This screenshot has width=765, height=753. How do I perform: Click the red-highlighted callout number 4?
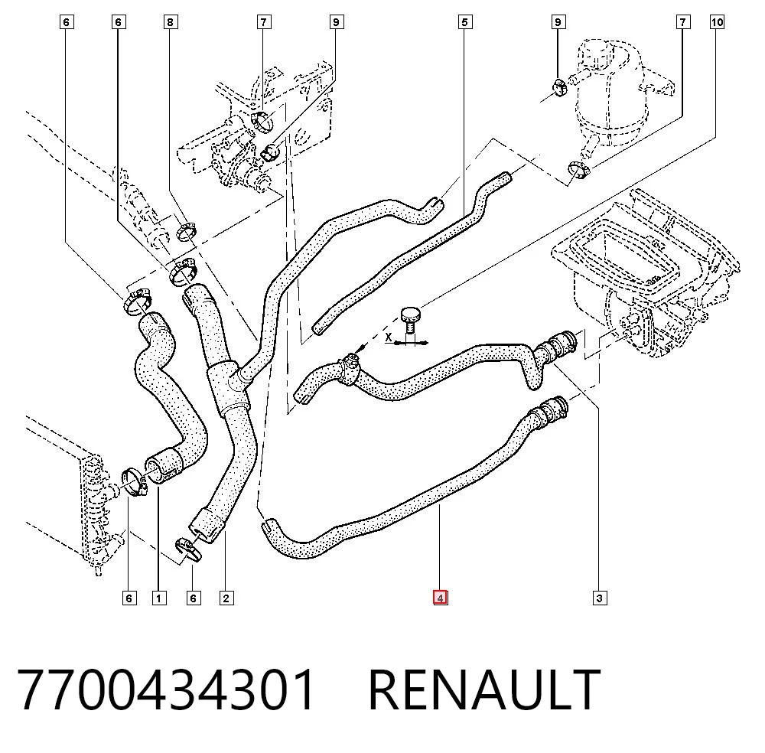point(440,598)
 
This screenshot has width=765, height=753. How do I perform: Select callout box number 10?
point(717,22)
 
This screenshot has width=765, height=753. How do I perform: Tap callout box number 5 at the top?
point(465,22)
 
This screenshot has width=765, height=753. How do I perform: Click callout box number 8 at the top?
point(170,22)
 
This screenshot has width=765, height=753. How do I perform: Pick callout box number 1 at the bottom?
point(159,598)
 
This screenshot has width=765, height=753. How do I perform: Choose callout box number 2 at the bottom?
point(226,598)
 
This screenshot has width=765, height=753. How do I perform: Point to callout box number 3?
point(600,598)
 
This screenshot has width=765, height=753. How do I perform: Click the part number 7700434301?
point(166,689)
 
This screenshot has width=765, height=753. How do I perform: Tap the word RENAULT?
point(484,689)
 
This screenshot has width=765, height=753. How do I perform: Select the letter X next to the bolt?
point(389,337)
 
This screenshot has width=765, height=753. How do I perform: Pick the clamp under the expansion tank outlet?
point(578,171)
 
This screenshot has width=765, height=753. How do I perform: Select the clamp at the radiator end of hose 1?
point(134,481)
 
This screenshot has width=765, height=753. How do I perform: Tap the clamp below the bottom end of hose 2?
point(188,549)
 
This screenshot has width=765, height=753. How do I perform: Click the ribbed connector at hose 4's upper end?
point(549,410)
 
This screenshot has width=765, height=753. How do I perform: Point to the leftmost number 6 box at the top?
point(67,22)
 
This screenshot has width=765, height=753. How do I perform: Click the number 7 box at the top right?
point(683,22)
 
